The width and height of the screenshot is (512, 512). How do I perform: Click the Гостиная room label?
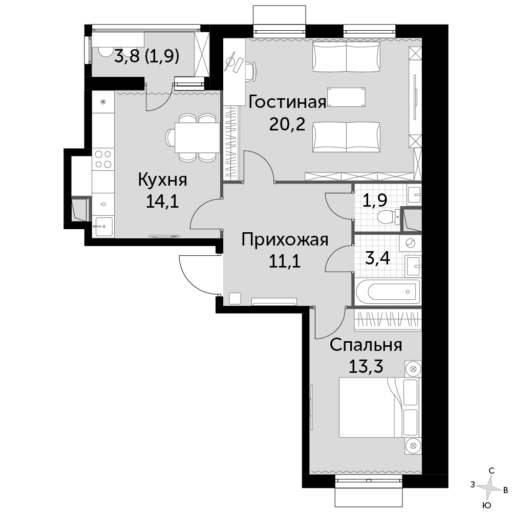[287, 102]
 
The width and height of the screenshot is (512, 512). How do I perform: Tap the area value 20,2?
[287, 124]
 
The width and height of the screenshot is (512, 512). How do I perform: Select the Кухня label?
[162, 180]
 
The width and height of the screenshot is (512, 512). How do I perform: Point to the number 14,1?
[162, 202]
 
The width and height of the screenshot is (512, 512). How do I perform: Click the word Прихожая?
[285, 240]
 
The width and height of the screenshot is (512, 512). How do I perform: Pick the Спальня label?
[366, 345]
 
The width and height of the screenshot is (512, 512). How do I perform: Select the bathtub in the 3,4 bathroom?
[388, 291]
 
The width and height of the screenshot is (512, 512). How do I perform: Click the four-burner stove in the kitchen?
[103, 160]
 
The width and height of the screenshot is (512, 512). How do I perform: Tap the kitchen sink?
[103, 226]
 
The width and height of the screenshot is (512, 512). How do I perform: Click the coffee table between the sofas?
[346, 97]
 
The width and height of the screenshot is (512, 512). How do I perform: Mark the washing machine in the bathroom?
[410, 243]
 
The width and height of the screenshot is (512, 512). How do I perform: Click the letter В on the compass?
[505, 489]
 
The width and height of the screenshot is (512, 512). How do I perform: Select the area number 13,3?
[366, 366]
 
